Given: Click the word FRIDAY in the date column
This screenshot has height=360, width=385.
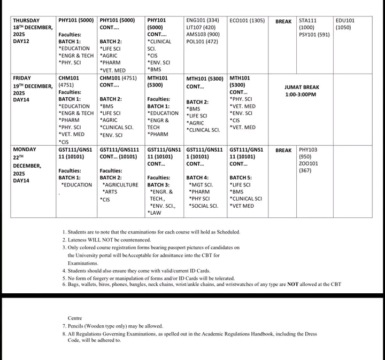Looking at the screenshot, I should pos(22,78).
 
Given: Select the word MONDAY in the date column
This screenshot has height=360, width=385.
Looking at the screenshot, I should pos(25,150).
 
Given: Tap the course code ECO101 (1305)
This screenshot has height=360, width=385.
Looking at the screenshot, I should pos(247,20).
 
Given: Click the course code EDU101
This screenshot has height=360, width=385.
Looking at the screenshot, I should pos(345,20).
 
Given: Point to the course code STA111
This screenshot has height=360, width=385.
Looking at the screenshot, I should pos(308,20).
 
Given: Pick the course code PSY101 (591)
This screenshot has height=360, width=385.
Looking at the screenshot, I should pos(314,35).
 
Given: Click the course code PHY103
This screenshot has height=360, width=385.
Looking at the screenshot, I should pos(308,150).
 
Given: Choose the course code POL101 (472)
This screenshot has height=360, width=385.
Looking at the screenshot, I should pos(202,42).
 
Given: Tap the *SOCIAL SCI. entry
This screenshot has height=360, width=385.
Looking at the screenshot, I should pos(204,206).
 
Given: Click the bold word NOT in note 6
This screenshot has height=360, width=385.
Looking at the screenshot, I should pos(292,285).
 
